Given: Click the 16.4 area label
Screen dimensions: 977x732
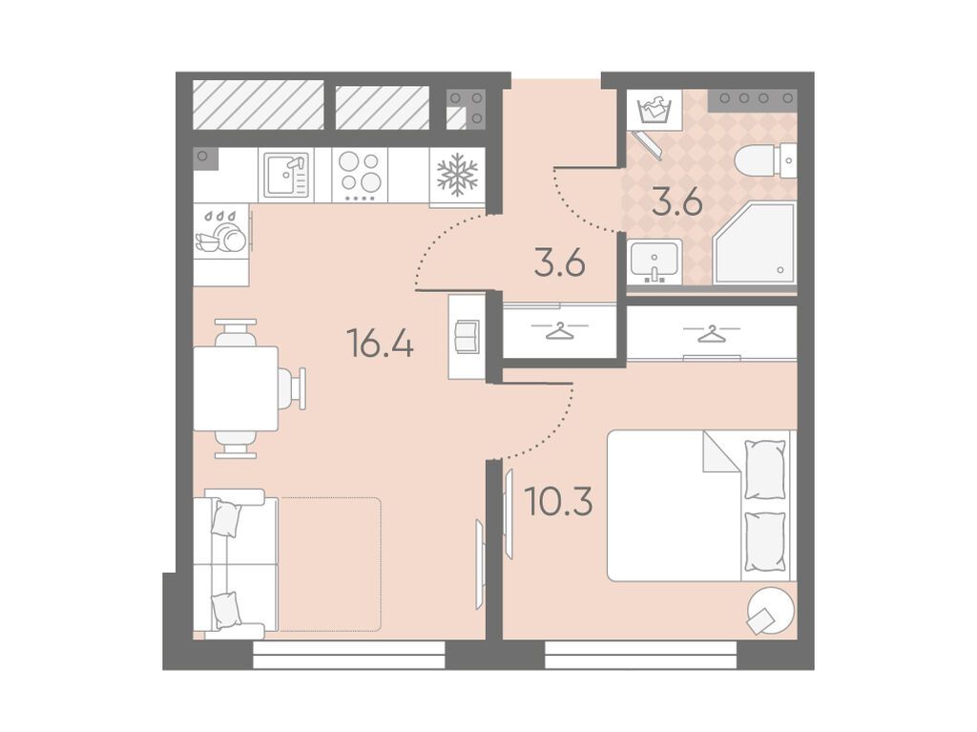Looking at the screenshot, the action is [380, 344].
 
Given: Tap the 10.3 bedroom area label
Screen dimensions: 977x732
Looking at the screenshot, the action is [558, 502].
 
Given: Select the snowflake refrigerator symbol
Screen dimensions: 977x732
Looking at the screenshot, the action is [457, 175].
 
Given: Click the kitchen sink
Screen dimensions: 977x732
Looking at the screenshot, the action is [286, 176].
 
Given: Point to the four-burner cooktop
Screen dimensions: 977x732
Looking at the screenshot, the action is [360, 175].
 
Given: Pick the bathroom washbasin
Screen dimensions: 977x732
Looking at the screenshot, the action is [655, 261].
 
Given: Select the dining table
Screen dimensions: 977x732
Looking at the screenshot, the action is [236, 388].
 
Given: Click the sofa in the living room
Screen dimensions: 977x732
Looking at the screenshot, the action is [235, 564].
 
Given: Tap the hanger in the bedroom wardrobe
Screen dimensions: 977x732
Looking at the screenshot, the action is [712, 334].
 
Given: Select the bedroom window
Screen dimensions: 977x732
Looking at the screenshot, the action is [641, 655].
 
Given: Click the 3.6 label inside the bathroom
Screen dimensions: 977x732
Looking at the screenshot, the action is [677, 202].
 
